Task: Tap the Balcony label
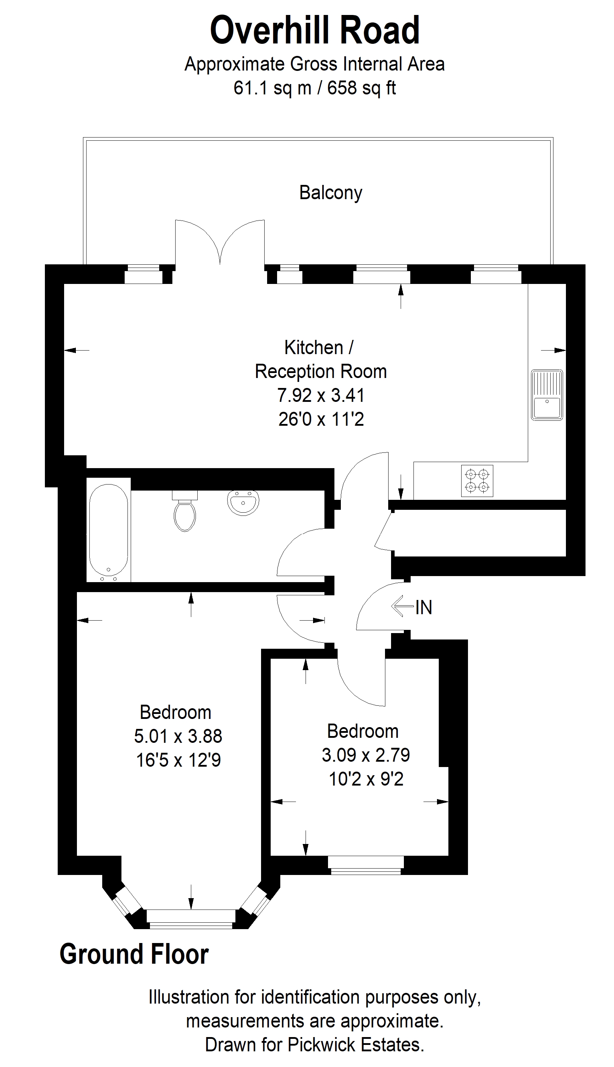pos(331,193)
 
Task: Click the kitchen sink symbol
pos(547,395)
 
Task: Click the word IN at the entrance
pos(424,607)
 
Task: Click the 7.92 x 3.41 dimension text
pos(321,395)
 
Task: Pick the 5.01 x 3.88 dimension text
pos(178,736)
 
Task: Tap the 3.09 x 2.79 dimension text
pos(366,755)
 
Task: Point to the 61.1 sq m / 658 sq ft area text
pos(314,88)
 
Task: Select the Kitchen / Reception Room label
pos(321,360)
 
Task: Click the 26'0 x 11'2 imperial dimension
pos(321,420)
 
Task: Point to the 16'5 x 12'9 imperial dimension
pos(178,760)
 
